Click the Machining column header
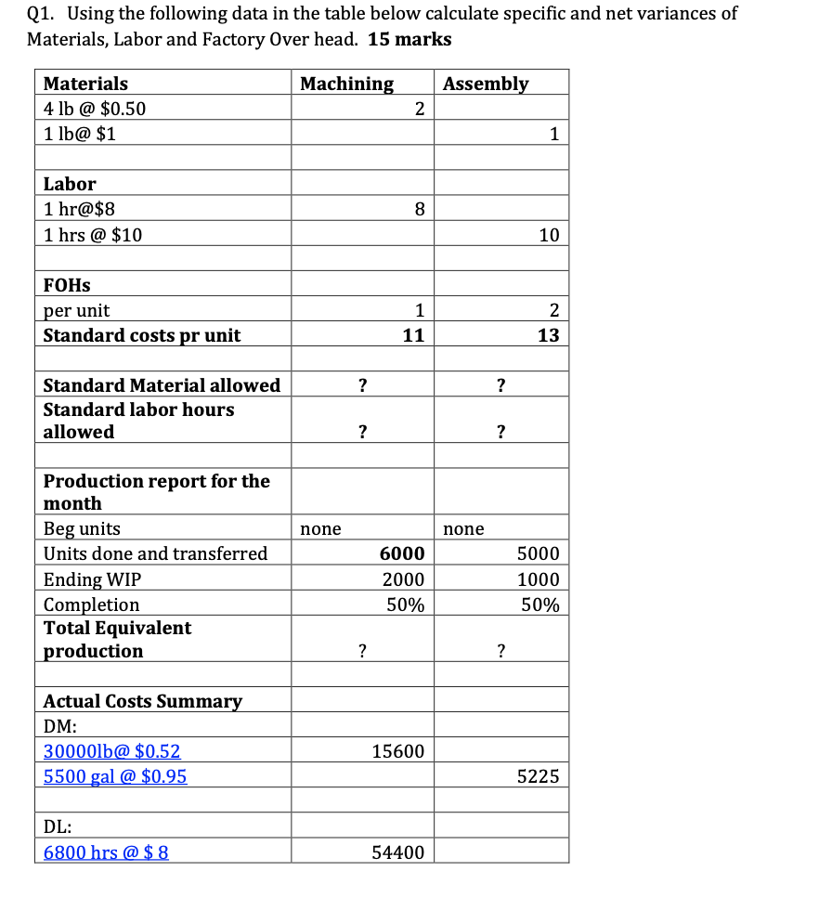[346, 84]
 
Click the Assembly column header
[486, 84]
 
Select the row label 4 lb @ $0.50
[95, 109]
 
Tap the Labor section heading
[70, 184]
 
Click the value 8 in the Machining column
[419, 210]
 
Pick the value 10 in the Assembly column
[549, 235]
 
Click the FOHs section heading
[67, 285]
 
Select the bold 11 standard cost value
[414, 335]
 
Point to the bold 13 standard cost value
[549, 335]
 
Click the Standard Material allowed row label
[162, 384]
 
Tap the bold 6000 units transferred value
[402, 553]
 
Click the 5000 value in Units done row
[539, 553]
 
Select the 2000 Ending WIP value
[404, 579]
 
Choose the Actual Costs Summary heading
[143, 701]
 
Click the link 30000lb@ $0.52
[112, 751]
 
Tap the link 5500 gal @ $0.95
[115, 775]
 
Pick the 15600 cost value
[398, 751]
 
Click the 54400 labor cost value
[398, 851]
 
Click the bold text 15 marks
[409, 39]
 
